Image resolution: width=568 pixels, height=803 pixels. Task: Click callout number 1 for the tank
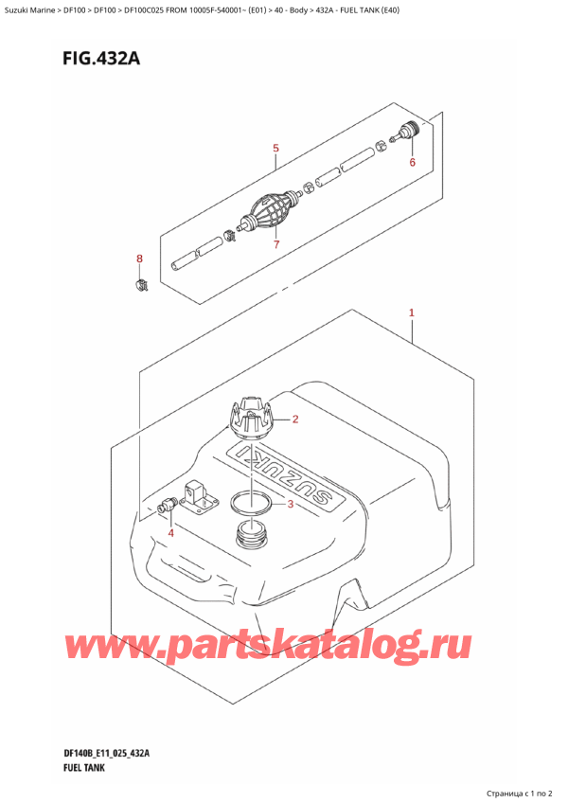(x=412, y=312)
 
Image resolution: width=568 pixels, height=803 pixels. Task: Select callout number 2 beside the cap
(x=295, y=419)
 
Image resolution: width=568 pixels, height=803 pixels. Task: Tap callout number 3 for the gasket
(x=291, y=503)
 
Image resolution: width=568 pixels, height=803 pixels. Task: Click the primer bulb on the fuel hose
(x=268, y=214)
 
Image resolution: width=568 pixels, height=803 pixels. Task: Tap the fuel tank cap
(x=252, y=418)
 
